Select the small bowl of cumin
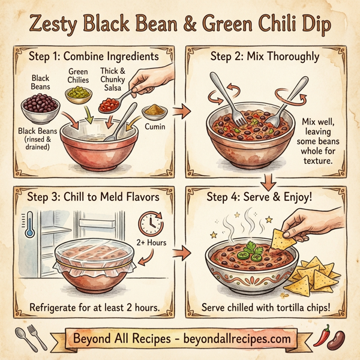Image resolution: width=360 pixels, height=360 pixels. tap(155, 112)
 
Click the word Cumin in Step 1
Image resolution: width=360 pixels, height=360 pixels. tap(155, 127)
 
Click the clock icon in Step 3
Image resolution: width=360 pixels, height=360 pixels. tap(149, 224)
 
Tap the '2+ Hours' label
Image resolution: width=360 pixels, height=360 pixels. tap(152, 244)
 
